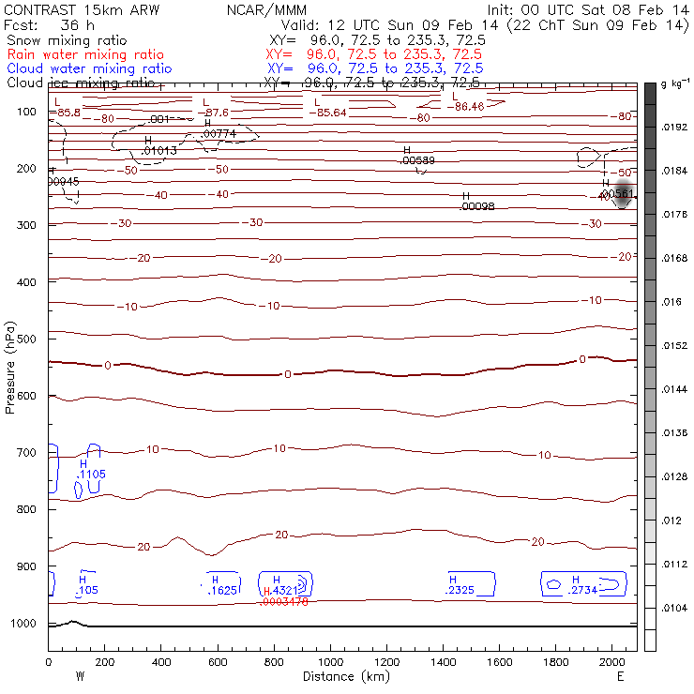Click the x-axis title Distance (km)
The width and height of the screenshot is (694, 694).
click(x=342, y=676)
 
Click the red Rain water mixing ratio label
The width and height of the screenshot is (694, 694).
click(x=84, y=54)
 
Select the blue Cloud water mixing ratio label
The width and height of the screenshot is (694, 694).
click(x=89, y=68)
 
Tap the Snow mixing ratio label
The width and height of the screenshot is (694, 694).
click(x=65, y=41)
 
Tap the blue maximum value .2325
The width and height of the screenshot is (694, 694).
click(x=460, y=590)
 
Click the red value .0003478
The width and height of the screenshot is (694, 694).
click(x=286, y=601)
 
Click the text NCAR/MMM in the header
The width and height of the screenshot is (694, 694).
click(x=266, y=9)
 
